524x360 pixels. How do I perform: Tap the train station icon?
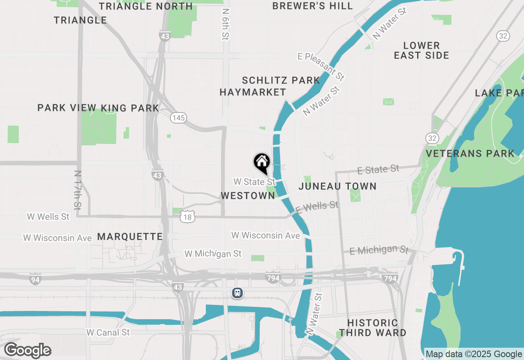[x=237, y=293]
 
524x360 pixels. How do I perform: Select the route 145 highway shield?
[x=179, y=118]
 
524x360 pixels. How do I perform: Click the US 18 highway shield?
[x=187, y=217]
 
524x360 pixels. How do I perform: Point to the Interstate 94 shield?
[x=35, y=280]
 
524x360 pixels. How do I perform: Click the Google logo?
[x=27, y=351]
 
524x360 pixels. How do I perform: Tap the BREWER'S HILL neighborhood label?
[x=312, y=6]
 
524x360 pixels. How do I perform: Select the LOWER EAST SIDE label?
[x=422, y=50]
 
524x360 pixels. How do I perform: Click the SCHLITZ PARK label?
[x=281, y=80]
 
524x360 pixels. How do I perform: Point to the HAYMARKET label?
[x=253, y=92]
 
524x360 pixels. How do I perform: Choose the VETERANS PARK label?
[x=470, y=153]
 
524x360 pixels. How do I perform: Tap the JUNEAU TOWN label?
[x=337, y=187]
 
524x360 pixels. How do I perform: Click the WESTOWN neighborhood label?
[x=248, y=196]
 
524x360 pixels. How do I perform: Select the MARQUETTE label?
[x=130, y=236]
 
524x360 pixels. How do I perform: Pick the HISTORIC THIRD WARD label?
[x=373, y=328]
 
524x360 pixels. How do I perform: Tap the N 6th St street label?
[x=225, y=25]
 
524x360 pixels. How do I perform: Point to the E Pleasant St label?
[x=321, y=65]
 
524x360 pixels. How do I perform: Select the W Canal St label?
[x=108, y=332]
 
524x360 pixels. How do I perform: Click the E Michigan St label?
[x=379, y=250]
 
